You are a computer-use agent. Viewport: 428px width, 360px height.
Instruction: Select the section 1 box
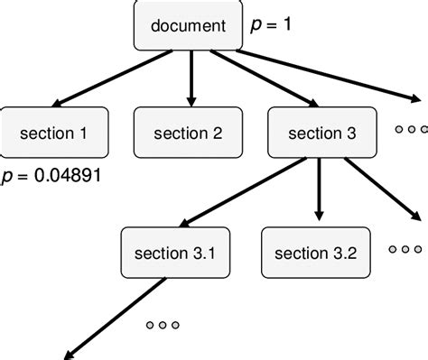click(x=54, y=134)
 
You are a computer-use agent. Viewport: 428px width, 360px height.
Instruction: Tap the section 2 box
click(x=188, y=134)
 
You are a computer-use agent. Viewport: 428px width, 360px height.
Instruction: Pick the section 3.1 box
click(x=174, y=252)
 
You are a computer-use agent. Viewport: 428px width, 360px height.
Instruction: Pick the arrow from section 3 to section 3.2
click(x=318, y=189)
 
